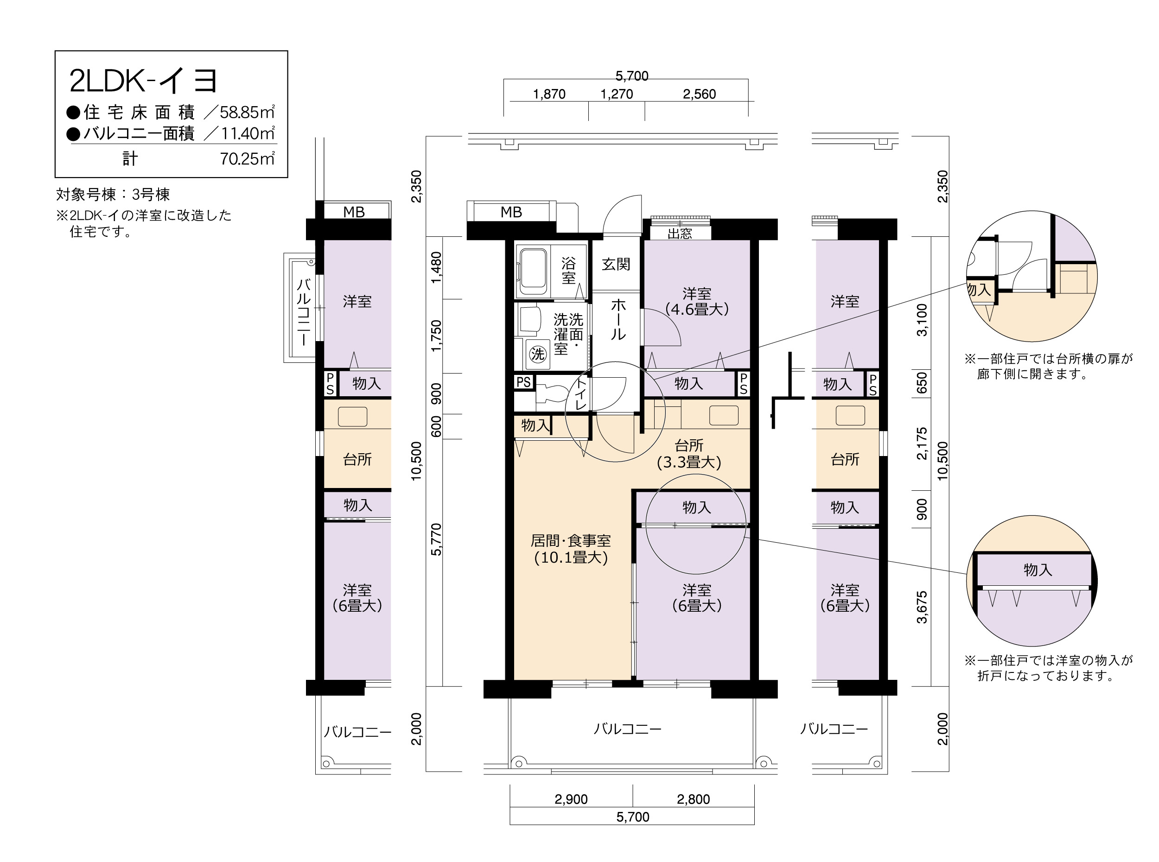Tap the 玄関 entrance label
pos(616,264)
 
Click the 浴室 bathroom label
pos(568,270)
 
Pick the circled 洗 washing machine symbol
pos(537,354)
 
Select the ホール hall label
pos(618,319)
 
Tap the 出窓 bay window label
pos(680,233)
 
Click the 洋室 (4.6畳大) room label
pos(697,301)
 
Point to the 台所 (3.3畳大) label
pos(689,453)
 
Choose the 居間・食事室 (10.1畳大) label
pos(571,549)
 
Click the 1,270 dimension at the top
pos(616,94)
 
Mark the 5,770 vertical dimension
pos(436,539)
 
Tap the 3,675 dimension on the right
pos(922,608)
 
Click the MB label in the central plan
pos(511,212)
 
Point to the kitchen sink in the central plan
pos(723,416)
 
